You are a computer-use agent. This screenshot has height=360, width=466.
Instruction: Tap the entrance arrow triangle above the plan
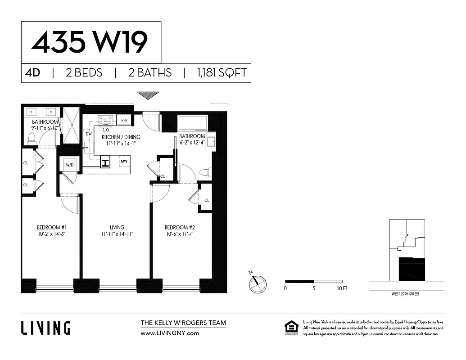148,95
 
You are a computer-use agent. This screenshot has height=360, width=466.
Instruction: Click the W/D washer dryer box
70,165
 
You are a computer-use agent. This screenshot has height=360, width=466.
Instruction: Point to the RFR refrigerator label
124,120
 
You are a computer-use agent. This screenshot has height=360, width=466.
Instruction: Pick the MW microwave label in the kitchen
124,161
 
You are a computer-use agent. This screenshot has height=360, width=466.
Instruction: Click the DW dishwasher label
89,134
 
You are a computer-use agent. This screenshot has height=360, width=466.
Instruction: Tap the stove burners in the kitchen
107,119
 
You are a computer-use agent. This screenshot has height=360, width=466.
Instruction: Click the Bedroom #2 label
180,227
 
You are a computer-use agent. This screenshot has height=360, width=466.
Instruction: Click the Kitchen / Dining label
121,137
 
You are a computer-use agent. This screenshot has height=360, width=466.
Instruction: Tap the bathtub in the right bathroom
193,123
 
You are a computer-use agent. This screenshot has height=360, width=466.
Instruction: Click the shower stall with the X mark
70,125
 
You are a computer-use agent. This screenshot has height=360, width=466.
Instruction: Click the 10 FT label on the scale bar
342,288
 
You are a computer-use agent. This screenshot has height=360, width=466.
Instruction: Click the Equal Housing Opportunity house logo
291,328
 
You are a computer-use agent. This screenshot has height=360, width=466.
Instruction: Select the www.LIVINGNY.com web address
170,333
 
